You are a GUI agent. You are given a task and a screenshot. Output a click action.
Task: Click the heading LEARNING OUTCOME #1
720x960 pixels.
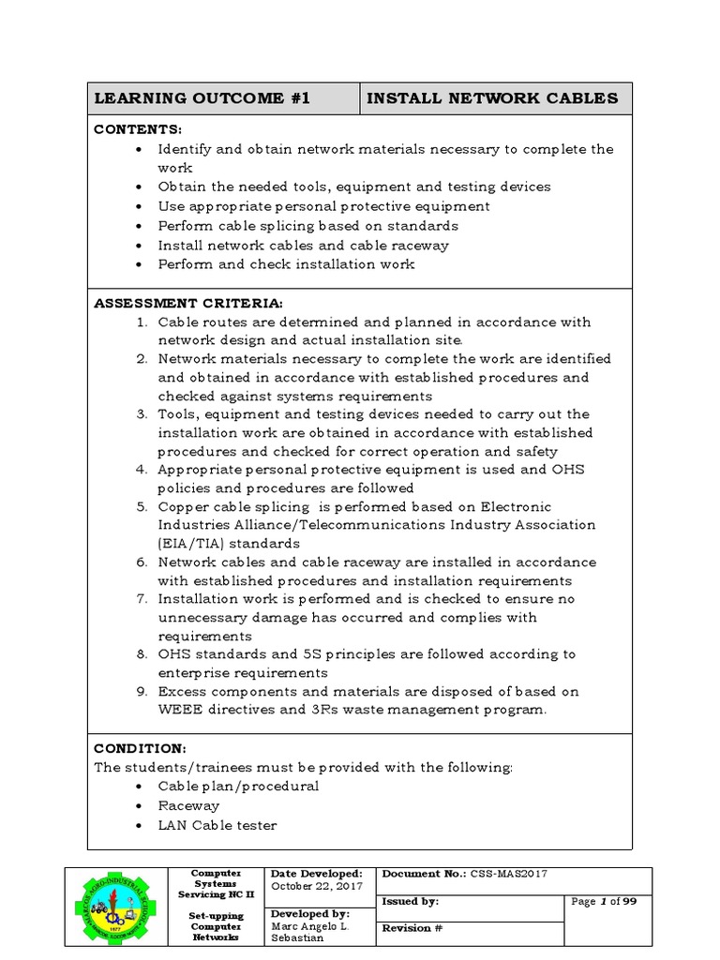coord(201,98)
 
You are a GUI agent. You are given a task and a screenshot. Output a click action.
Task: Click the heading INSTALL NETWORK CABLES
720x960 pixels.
coord(491,98)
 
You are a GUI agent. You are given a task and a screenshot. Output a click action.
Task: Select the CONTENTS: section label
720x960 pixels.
coord(138,129)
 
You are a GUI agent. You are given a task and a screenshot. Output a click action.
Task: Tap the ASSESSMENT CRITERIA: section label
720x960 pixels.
coord(187,303)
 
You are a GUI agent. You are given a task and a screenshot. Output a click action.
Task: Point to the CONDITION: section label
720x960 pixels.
coord(140,748)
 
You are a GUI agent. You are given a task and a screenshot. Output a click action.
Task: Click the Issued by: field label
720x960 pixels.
coord(410,901)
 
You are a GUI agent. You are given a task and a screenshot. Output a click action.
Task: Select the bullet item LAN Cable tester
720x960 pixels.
coord(217,825)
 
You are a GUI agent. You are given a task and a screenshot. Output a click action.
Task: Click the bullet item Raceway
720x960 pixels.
coord(188,805)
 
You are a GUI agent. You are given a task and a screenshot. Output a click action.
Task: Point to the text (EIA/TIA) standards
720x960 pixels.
coord(229,543)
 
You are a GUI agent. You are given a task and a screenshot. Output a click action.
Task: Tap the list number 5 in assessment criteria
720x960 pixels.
coord(142,507)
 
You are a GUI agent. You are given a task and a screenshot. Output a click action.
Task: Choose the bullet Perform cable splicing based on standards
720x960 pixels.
coord(307,225)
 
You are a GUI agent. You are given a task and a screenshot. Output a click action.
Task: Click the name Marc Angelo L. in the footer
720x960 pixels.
coord(306,926)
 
